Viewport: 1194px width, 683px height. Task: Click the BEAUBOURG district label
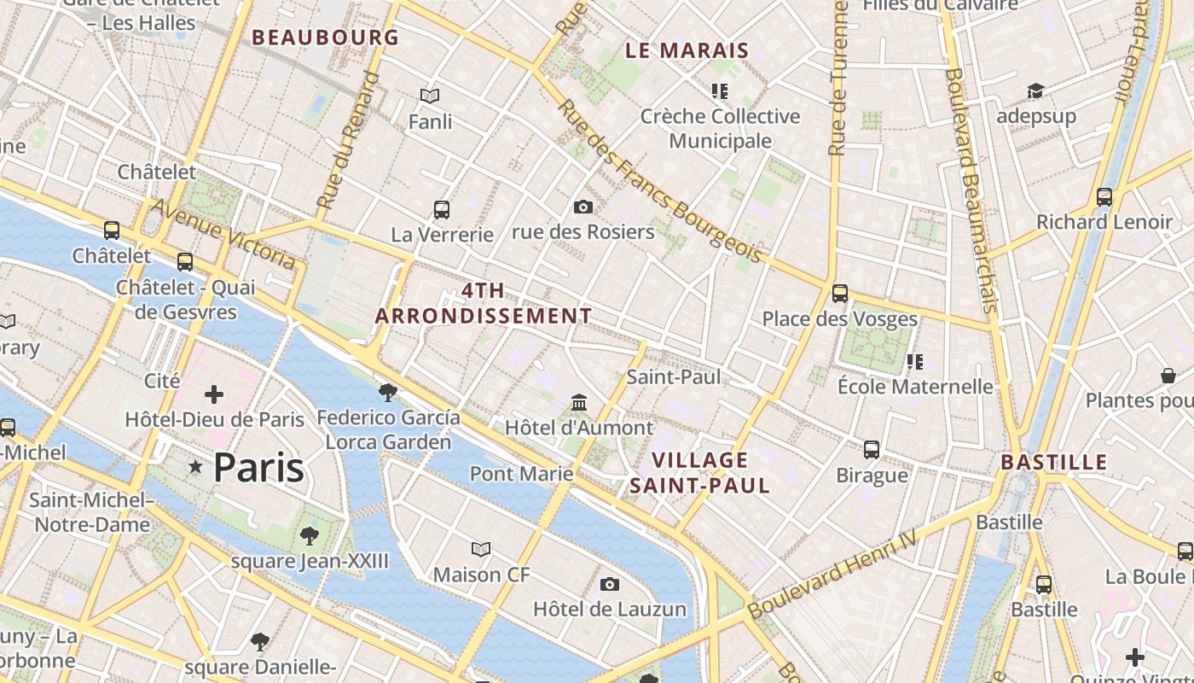(x=325, y=38)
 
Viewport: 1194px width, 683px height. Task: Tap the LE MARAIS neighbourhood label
(x=687, y=50)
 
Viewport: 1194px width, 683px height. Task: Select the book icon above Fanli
(x=430, y=96)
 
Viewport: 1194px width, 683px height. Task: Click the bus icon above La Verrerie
(x=442, y=209)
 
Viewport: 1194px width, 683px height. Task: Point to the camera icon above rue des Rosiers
(x=583, y=207)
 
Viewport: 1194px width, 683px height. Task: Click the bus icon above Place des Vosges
(x=840, y=294)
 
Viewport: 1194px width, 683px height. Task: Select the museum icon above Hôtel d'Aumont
(x=579, y=402)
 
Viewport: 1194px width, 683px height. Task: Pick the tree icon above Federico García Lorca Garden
(x=388, y=392)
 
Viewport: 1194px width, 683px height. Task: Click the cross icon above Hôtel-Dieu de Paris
(x=214, y=394)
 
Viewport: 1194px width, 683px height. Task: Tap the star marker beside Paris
(x=196, y=466)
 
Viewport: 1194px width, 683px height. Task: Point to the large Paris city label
(x=258, y=467)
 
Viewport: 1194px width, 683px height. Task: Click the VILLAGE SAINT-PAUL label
(x=699, y=473)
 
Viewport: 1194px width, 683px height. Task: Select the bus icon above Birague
(x=872, y=449)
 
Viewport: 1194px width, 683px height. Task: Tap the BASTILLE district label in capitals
(x=1053, y=463)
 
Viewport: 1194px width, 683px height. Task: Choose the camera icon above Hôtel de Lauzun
(x=609, y=584)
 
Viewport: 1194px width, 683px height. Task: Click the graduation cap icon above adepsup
(x=1035, y=90)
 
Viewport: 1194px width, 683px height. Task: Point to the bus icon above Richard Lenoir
(x=1104, y=197)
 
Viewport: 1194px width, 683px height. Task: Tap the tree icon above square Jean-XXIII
(x=309, y=536)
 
